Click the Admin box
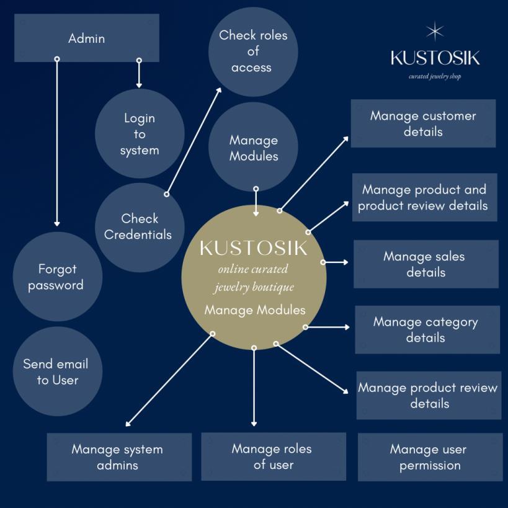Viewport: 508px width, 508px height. pos(86,38)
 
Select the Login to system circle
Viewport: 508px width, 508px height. pos(140,134)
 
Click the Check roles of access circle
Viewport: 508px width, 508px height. pos(253,51)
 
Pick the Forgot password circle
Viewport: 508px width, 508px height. pos(56,277)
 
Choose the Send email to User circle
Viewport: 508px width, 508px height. pos(56,372)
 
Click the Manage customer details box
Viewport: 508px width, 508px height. pos(423,123)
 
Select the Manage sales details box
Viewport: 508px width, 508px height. pos(426,264)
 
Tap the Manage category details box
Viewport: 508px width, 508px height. pos(427,329)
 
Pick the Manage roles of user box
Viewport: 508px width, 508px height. pos(273,457)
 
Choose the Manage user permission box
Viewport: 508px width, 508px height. pos(430,457)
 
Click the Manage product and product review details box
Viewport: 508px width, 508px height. pos(424,197)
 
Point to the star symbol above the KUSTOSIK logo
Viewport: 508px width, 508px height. pos(435,31)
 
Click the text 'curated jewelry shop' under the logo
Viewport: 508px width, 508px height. pos(435,77)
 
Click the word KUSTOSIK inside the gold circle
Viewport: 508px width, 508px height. pos(253,248)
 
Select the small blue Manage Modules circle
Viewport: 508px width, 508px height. pos(253,148)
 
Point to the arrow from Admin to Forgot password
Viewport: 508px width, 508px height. pos(57,143)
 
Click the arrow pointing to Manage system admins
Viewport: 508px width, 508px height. pos(169,380)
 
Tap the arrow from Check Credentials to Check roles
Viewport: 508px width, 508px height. pos(194,141)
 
